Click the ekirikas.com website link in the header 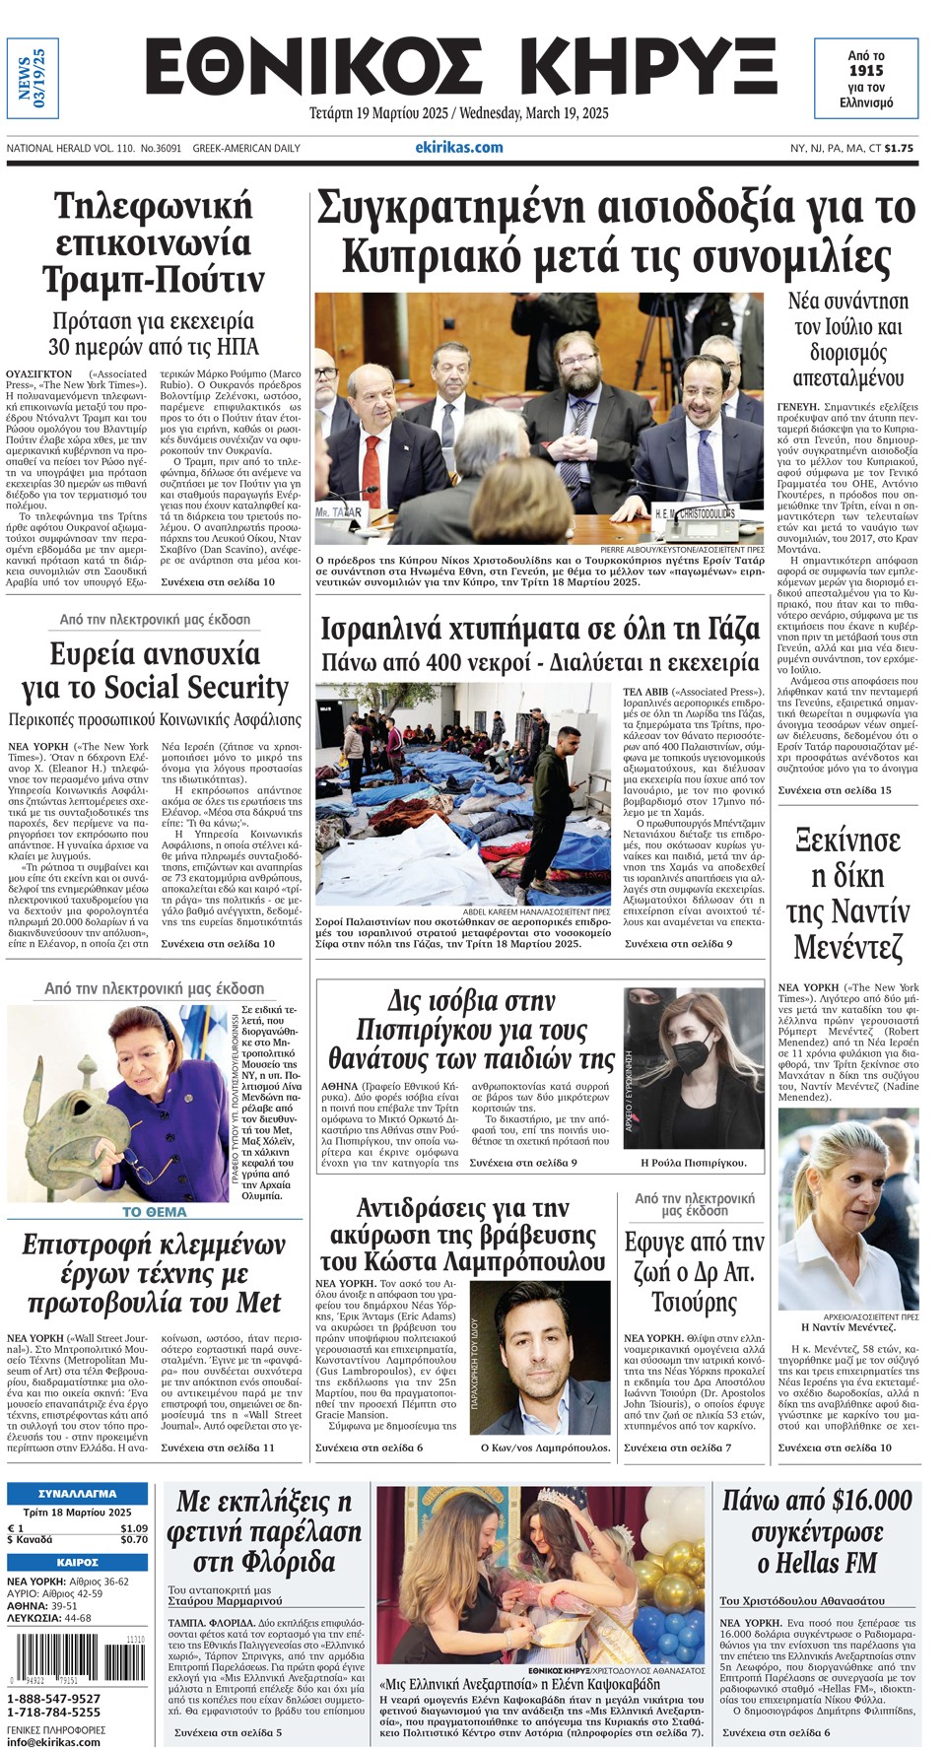click(x=458, y=148)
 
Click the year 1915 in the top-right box click(x=866, y=71)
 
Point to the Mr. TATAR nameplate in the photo click(x=339, y=512)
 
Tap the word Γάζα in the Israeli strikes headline click(x=719, y=629)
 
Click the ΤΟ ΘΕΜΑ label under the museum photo click(x=154, y=1212)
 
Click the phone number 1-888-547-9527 click(x=53, y=1699)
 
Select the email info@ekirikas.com click(x=53, y=1741)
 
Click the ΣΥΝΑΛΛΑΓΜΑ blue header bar click(x=77, y=1493)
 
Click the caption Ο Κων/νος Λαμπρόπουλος click(x=545, y=1448)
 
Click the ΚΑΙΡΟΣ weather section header click(x=77, y=1562)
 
